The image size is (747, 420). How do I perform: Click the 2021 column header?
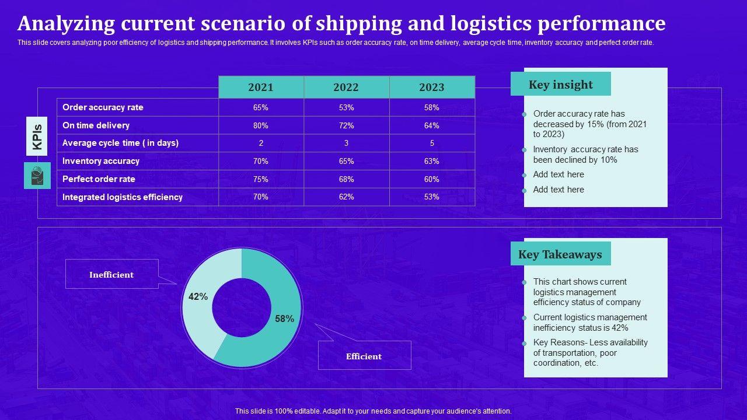261,87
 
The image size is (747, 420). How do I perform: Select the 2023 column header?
432,87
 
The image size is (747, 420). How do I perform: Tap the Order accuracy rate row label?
103,107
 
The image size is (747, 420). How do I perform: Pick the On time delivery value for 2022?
346,125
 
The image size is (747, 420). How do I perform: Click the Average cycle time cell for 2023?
432,143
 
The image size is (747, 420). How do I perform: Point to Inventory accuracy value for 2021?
261,161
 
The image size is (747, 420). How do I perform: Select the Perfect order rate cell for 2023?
432,179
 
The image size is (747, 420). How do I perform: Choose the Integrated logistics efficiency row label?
123,197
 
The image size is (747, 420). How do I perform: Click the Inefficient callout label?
111,274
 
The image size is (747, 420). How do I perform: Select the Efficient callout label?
364,356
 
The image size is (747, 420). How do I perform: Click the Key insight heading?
560,85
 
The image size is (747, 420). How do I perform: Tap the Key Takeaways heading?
560,254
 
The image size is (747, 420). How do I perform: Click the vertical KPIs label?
37,136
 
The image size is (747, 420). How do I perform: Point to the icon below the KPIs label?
37,176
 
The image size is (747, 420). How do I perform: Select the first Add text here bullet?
558,174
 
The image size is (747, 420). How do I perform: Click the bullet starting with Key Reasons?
590,352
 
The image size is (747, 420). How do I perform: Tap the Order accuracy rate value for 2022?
346,107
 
